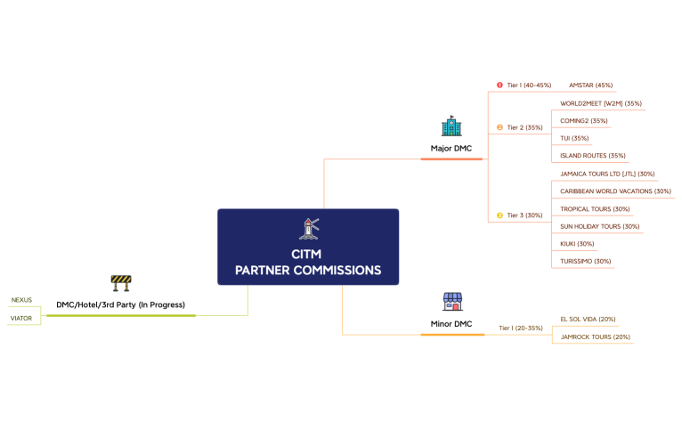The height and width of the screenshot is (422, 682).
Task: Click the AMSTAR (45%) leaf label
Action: coord(590,85)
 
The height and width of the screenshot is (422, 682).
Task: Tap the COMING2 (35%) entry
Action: coord(584,121)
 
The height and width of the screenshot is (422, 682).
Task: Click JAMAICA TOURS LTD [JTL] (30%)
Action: coord(607,174)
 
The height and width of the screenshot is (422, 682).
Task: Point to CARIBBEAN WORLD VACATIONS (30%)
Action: coord(615,191)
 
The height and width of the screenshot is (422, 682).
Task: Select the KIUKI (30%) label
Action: coord(577,244)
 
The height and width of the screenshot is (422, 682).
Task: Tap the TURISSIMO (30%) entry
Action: coord(586,261)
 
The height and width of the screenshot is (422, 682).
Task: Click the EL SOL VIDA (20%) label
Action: coord(588,319)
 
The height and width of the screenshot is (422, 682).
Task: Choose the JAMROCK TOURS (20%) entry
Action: coord(595,337)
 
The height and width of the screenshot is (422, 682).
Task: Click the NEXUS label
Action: coord(21,300)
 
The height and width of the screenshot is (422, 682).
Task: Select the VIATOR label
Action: coord(21,318)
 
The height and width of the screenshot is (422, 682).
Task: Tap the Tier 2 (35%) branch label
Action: coord(524,127)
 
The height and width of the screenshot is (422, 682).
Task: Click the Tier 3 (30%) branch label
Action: coord(524,215)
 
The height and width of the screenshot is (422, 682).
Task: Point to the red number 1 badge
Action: coord(499,85)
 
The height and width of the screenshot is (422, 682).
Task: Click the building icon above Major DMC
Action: coord(451,126)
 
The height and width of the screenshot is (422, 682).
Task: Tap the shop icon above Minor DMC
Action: coord(452,301)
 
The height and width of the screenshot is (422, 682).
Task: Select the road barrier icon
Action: coord(120,283)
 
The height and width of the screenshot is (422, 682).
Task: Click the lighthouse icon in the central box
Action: coord(308,229)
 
